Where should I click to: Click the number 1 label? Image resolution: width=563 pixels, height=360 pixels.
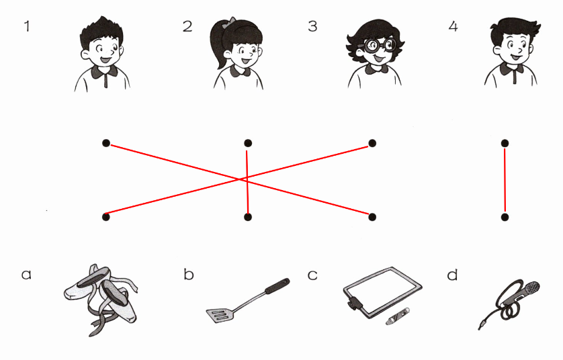[x=27, y=26]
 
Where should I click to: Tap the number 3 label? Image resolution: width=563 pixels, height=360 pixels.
[x=312, y=26]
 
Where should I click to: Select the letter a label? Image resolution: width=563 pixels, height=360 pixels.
[x=26, y=275]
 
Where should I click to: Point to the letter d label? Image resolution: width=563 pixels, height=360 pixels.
[x=452, y=274]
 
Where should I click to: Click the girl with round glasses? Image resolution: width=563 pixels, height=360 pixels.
[x=375, y=53]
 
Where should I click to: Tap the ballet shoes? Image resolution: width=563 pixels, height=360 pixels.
[x=101, y=300]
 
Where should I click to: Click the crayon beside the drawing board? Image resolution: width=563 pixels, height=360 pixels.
[x=398, y=316]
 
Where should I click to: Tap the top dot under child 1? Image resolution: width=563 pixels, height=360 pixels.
[x=106, y=143]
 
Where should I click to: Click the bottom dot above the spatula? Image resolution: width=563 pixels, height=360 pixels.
[x=248, y=217]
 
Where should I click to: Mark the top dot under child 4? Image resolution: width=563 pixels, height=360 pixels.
[x=505, y=144]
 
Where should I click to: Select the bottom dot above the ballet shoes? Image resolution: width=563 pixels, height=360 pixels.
[x=106, y=217]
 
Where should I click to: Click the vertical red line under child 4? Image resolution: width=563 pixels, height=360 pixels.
[x=505, y=180]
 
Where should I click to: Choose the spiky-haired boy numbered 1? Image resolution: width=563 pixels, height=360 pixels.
[x=102, y=54]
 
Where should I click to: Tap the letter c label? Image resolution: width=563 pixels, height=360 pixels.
[x=312, y=275]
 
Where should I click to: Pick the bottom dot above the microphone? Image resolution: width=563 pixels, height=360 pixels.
[x=505, y=217]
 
